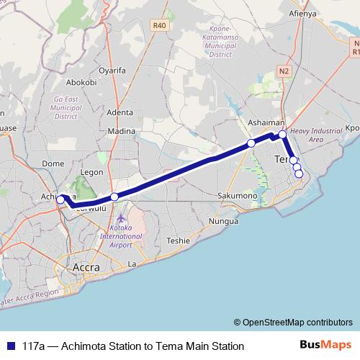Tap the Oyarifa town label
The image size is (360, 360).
click(112, 71)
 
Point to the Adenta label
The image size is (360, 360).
click(120, 112)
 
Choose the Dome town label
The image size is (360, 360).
click(53, 163)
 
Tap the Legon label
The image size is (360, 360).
click(93, 173)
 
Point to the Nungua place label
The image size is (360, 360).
click(222, 221)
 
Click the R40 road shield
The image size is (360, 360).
click(160, 25)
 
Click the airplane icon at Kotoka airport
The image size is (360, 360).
click(120, 217)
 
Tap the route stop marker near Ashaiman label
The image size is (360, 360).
click(251, 143)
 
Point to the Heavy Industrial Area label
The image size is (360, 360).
click(315, 135)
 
